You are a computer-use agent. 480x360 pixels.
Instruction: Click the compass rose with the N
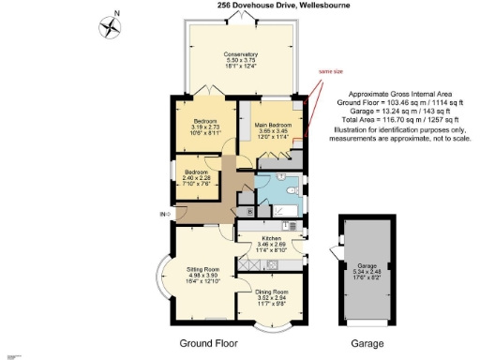click(110, 25)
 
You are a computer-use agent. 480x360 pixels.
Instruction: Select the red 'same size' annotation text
click(331, 71)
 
